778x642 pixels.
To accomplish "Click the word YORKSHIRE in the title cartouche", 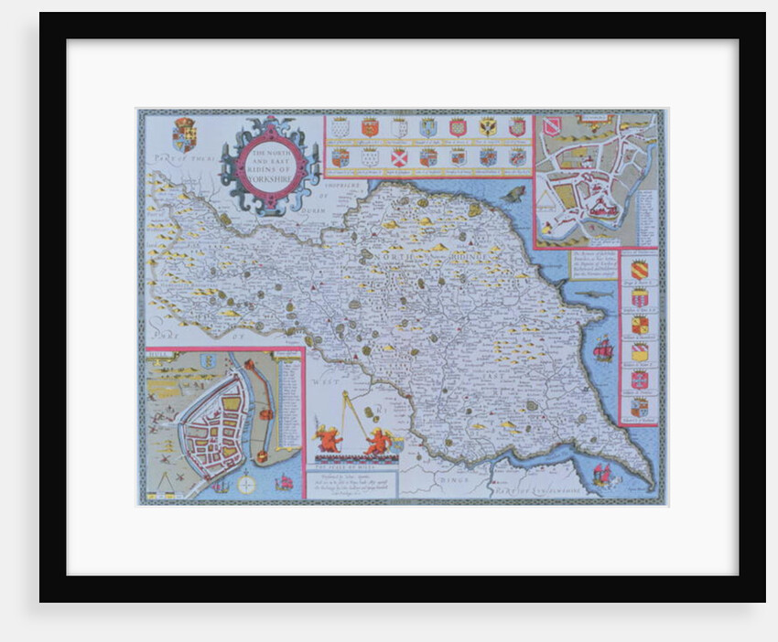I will point(272,180).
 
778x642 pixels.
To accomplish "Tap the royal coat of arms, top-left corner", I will point(184,134).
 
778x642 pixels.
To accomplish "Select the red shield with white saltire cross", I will point(398,156).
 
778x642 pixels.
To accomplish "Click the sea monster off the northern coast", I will point(514,194).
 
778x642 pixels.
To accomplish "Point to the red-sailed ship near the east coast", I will point(602,348).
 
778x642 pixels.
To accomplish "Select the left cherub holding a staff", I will point(329,437).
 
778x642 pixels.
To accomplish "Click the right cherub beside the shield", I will point(377,441).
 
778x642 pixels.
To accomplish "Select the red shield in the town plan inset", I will point(552,126).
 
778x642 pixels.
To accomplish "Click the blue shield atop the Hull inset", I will point(208,361).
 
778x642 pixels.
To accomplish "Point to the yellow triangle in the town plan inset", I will point(552,194).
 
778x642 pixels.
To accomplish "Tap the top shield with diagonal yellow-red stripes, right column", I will point(639,270).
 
